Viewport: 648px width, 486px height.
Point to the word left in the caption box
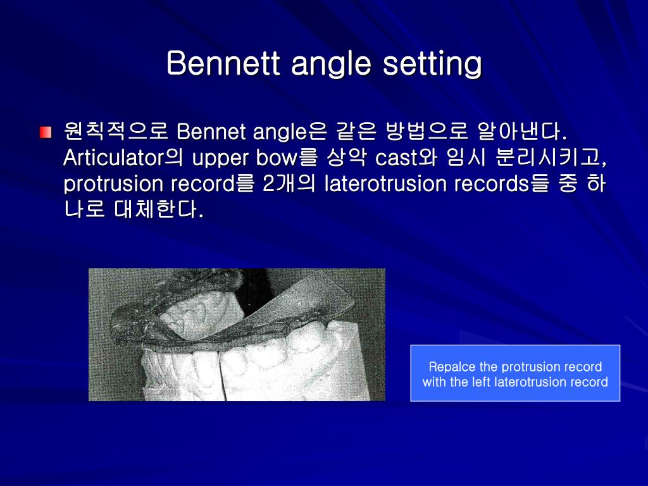click(x=483, y=382)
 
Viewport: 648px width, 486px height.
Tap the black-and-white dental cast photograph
click(x=237, y=335)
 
